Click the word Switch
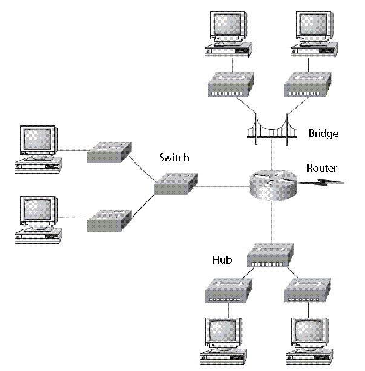[174, 158]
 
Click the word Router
[321, 168]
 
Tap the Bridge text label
[323, 133]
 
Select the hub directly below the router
[271, 255]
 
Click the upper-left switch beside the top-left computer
[109, 151]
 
